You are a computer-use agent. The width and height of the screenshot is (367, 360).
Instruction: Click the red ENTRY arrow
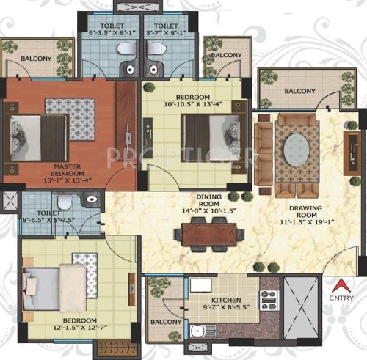point(340,285)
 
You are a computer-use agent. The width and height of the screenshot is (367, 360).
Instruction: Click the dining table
point(209,235)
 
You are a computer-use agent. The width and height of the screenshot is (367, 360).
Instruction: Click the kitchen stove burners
point(268,299)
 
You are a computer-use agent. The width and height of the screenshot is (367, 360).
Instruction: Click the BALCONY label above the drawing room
point(299,91)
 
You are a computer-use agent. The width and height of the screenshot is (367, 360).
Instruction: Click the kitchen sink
point(197,333)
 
